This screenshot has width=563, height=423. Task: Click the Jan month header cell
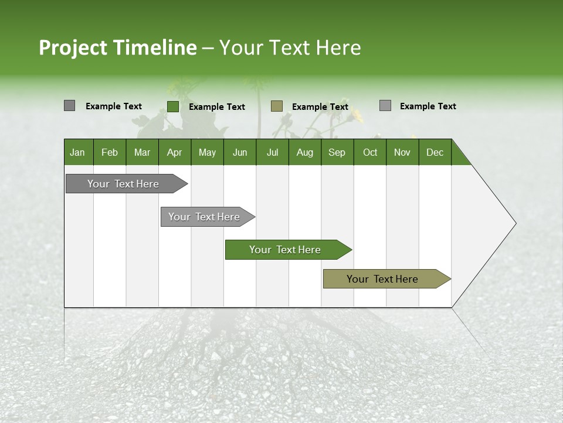78,152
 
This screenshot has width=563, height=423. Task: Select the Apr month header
175,152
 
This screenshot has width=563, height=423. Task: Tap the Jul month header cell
272,152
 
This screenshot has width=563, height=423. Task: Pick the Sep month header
337,152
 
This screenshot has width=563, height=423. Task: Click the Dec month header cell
435,152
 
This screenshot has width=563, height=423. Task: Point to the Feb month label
110,152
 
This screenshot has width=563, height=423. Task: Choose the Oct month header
370,152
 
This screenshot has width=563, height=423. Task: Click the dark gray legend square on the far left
69,106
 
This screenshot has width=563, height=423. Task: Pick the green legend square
172,106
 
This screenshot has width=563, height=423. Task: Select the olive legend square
277,106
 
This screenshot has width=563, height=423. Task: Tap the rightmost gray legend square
385,106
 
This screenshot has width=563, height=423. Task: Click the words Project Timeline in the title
118,48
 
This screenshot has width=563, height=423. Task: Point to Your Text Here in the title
290,48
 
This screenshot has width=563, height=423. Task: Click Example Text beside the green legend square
217,107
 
